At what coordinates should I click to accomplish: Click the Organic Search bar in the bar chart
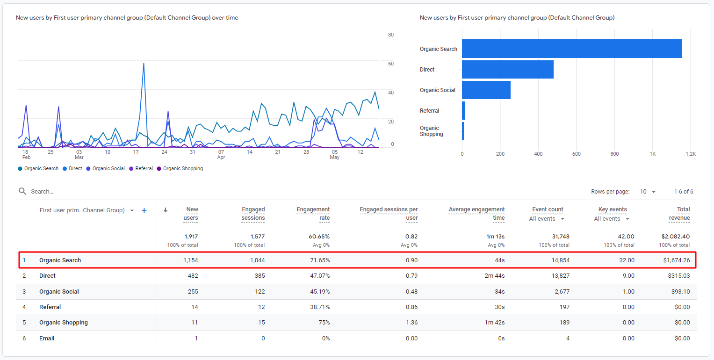[x=571, y=49]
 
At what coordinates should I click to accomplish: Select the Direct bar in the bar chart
[x=507, y=69]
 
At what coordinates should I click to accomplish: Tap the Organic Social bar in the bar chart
[x=486, y=90]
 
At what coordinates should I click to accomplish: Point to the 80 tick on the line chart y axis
[x=390, y=35]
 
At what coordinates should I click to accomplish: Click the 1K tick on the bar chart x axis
[x=653, y=154]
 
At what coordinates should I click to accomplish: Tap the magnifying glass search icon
[x=22, y=191]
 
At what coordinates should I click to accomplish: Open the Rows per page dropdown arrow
[x=654, y=192]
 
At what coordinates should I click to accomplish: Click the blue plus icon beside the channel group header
[x=144, y=210]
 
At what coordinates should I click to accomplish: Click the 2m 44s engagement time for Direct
[x=495, y=276]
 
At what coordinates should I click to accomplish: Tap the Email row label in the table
[x=47, y=338]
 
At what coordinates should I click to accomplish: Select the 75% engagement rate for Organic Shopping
[x=323, y=322]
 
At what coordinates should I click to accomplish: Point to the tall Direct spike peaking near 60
[x=144, y=64]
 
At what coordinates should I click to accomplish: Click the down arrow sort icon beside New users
[x=166, y=210]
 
